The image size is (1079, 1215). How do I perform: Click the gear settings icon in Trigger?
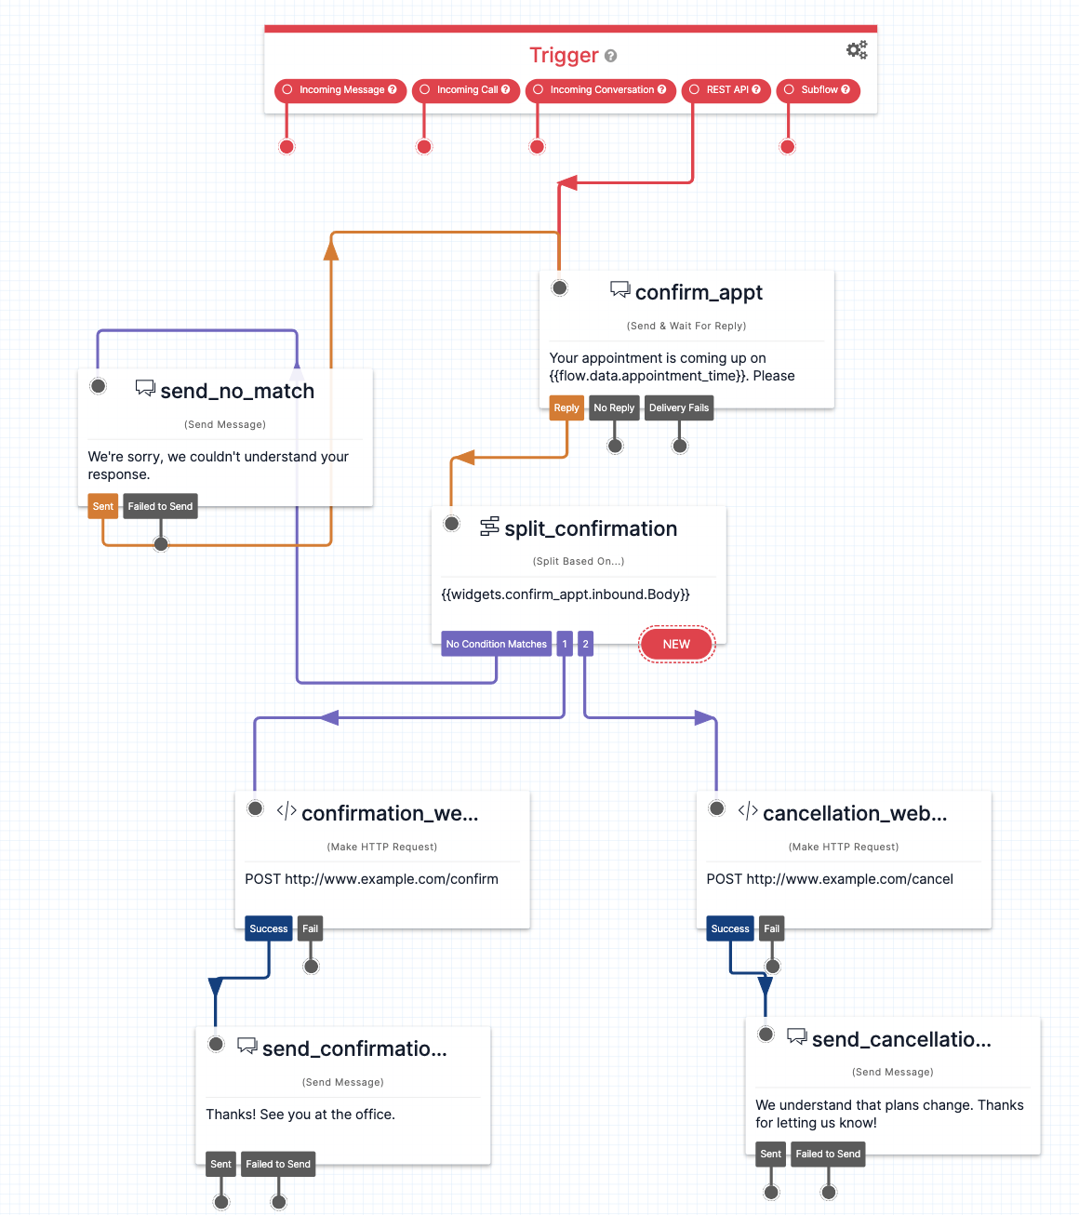click(857, 50)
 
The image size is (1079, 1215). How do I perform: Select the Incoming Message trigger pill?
click(340, 90)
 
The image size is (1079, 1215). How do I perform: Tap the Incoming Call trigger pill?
click(466, 90)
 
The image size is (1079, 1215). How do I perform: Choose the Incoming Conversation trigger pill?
click(600, 90)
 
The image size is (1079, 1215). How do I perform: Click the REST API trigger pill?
click(726, 90)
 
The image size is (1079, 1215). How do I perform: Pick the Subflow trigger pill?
click(818, 90)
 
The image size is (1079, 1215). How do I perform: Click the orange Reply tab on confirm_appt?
click(566, 408)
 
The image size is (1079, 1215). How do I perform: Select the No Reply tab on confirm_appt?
click(614, 408)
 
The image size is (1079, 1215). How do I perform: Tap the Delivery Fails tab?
click(678, 408)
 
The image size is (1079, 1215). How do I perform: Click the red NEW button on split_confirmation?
click(676, 644)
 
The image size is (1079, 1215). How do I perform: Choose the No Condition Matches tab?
click(496, 644)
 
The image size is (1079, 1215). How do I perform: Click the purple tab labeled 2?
click(585, 644)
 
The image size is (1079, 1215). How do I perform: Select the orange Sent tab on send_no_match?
click(102, 507)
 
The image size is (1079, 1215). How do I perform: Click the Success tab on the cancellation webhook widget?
click(729, 928)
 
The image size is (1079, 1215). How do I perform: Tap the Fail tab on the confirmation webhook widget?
click(310, 928)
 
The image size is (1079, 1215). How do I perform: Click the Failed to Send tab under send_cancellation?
click(828, 1155)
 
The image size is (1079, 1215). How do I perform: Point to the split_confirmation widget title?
click(591, 529)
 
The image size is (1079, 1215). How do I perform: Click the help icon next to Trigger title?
click(611, 56)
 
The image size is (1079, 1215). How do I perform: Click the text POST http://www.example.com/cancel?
click(829, 879)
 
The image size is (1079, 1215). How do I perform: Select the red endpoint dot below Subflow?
click(788, 147)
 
